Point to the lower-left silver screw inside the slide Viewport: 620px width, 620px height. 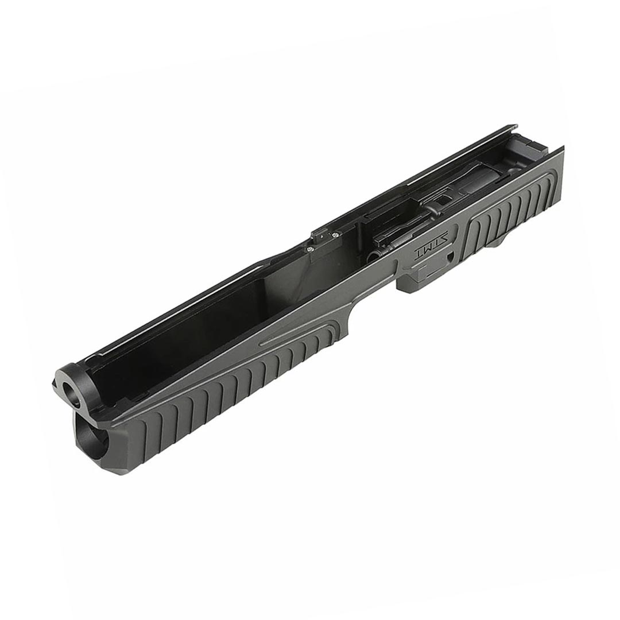(308, 249)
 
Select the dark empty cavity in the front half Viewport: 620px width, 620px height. (195, 327)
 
